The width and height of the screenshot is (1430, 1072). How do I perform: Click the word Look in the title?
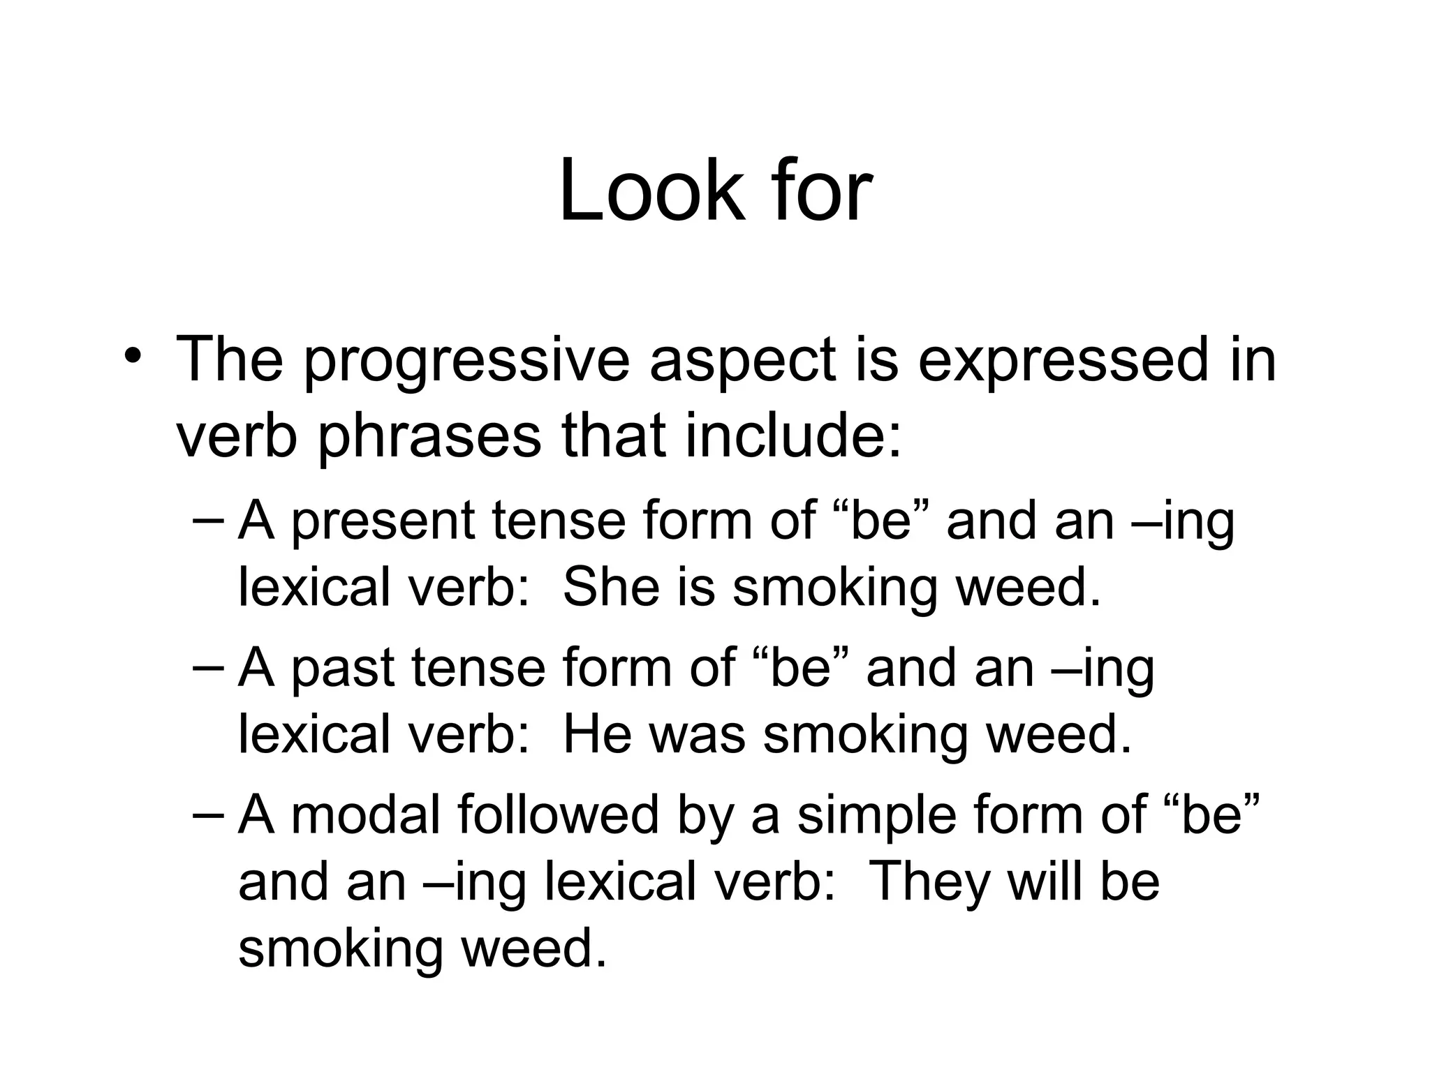coord(651,190)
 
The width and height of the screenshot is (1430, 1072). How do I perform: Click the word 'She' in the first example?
coord(611,587)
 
